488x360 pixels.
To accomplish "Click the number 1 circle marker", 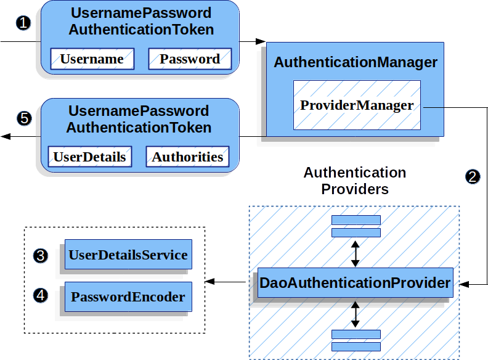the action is coord(23,23).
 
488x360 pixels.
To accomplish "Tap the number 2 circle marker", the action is coord(473,176).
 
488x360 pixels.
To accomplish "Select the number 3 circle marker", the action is coord(41,256).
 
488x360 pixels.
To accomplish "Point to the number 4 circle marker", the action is coord(41,295).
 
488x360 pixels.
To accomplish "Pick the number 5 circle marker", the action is coord(24,118).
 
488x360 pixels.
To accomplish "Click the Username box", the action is coord(92,59).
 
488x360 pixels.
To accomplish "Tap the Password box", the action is coord(190,59).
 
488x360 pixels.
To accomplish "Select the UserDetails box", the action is coord(89,157).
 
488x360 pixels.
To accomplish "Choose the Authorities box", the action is coord(187,157).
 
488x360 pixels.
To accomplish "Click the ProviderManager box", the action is coord(357,105).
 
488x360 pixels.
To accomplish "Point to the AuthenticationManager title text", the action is coord(356,62).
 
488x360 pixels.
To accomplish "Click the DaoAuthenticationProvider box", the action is coord(356,282).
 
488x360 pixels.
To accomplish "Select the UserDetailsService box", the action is coord(128,254).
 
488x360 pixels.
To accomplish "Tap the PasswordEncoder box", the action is coord(128,297).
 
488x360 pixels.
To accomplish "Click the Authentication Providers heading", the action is coord(355,181).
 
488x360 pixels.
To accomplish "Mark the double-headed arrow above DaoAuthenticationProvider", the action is coord(355,253).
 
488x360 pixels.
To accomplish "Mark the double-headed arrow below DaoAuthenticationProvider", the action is coord(355,314).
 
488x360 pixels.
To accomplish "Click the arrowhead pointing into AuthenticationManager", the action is coord(261,41).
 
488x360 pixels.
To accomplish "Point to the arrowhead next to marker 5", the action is coord(6,136).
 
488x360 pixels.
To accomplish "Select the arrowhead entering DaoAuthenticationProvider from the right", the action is coord(464,284).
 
